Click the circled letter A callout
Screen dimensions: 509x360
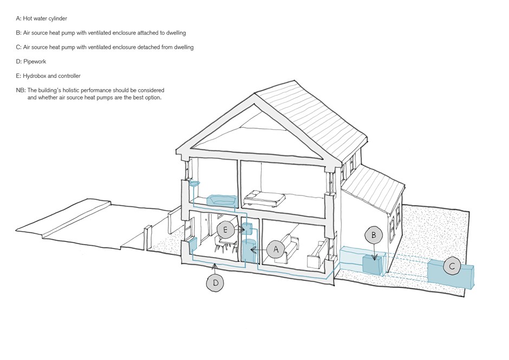click(276, 250)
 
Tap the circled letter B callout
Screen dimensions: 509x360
click(374, 235)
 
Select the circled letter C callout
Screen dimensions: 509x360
click(452, 266)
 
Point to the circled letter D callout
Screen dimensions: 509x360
click(216, 283)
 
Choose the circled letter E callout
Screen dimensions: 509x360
click(225, 230)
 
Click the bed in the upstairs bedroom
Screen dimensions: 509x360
click(264, 198)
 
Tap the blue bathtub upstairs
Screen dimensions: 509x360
click(221, 200)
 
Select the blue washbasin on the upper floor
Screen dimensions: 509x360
click(194, 184)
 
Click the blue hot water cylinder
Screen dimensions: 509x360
click(249, 250)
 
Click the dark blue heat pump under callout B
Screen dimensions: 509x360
click(373, 264)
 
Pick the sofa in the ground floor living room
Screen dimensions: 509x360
click(288, 248)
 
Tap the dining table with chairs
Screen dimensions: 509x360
click(226, 244)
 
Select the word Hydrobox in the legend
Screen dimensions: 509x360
click(35, 76)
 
